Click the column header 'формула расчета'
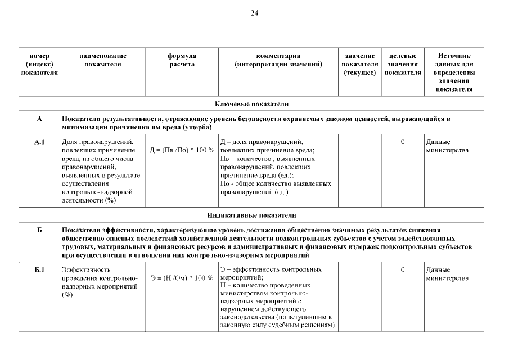182,60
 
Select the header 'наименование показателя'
102,60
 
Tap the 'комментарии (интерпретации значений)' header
278,60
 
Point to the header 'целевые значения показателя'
403,64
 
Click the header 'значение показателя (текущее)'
360,64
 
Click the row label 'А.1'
39,142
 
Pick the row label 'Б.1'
39,270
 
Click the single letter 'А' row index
39,119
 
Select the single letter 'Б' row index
39,231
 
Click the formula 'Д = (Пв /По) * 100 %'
182,151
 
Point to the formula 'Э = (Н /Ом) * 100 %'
182,278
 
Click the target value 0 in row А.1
403,142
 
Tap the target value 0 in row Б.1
403,270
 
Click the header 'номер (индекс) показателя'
39,64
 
